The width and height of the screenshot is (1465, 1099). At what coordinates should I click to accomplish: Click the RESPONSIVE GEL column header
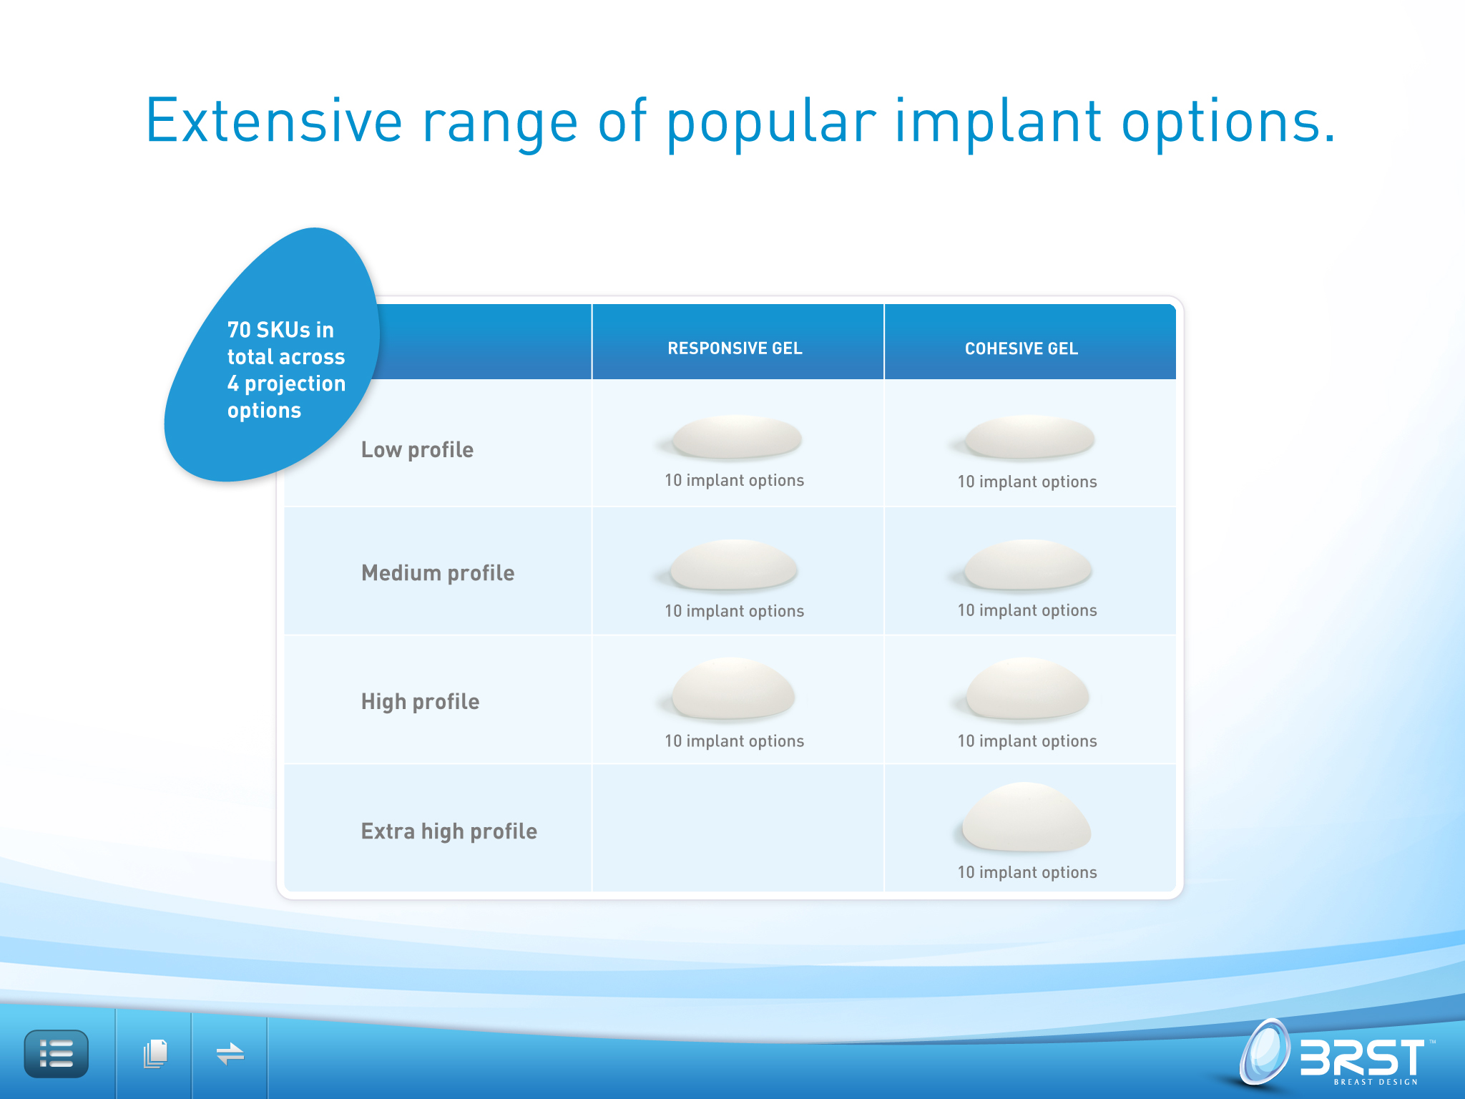(735, 348)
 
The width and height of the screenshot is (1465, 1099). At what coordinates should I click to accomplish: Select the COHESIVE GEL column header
(1021, 348)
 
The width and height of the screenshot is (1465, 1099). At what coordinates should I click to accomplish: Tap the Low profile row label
(417, 450)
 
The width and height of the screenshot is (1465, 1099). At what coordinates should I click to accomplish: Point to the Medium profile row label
(438, 573)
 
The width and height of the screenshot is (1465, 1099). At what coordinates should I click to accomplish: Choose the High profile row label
(420, 702)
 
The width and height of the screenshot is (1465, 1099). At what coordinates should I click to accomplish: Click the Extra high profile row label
(449, 831)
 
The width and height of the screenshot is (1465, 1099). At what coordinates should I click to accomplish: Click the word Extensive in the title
(275, 122)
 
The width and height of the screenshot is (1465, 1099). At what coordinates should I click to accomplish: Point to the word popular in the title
(771, 123)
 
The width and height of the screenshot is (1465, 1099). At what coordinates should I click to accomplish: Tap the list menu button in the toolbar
(57, 1054)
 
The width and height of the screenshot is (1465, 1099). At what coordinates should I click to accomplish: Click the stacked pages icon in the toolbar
(155, 1054)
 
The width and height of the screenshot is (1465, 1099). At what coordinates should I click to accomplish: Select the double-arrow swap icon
(230, 1054)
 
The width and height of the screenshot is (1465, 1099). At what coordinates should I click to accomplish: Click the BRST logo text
(1363, 1058)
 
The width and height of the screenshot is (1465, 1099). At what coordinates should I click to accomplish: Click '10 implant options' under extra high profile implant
(1027, 872)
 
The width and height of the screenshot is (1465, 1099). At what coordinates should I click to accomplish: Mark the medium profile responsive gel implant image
(734, 565)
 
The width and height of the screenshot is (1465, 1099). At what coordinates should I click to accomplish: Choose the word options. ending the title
(1228, 123)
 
